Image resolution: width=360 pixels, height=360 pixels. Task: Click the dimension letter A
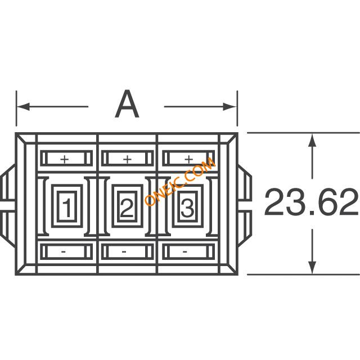127,103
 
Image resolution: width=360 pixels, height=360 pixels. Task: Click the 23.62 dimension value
311,202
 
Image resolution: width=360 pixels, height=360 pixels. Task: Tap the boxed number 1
67,208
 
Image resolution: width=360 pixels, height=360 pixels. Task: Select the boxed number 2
127,208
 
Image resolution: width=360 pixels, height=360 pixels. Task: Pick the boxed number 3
187,208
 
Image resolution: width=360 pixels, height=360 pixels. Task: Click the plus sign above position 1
65,159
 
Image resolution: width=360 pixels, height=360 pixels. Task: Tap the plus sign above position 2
127,159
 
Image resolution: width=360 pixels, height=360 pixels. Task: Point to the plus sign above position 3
189,159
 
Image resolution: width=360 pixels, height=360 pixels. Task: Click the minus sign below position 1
64,252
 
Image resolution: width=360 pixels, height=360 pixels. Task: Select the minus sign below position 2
124,252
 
